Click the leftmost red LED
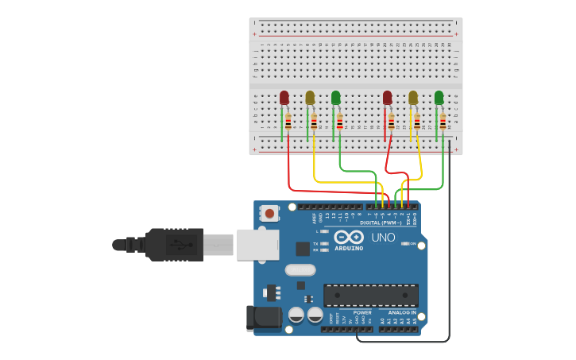284,98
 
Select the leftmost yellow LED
310,98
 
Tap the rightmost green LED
439,98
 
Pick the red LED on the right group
387,98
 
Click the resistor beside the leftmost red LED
288,122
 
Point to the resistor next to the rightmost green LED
443,122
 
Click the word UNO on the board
383,237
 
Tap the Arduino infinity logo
349,237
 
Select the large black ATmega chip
370,296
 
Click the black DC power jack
264,318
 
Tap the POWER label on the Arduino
362,312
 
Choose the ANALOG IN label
402,312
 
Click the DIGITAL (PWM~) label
381,223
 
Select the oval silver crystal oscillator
300,269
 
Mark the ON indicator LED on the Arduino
407,244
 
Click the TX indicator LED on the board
326,243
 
